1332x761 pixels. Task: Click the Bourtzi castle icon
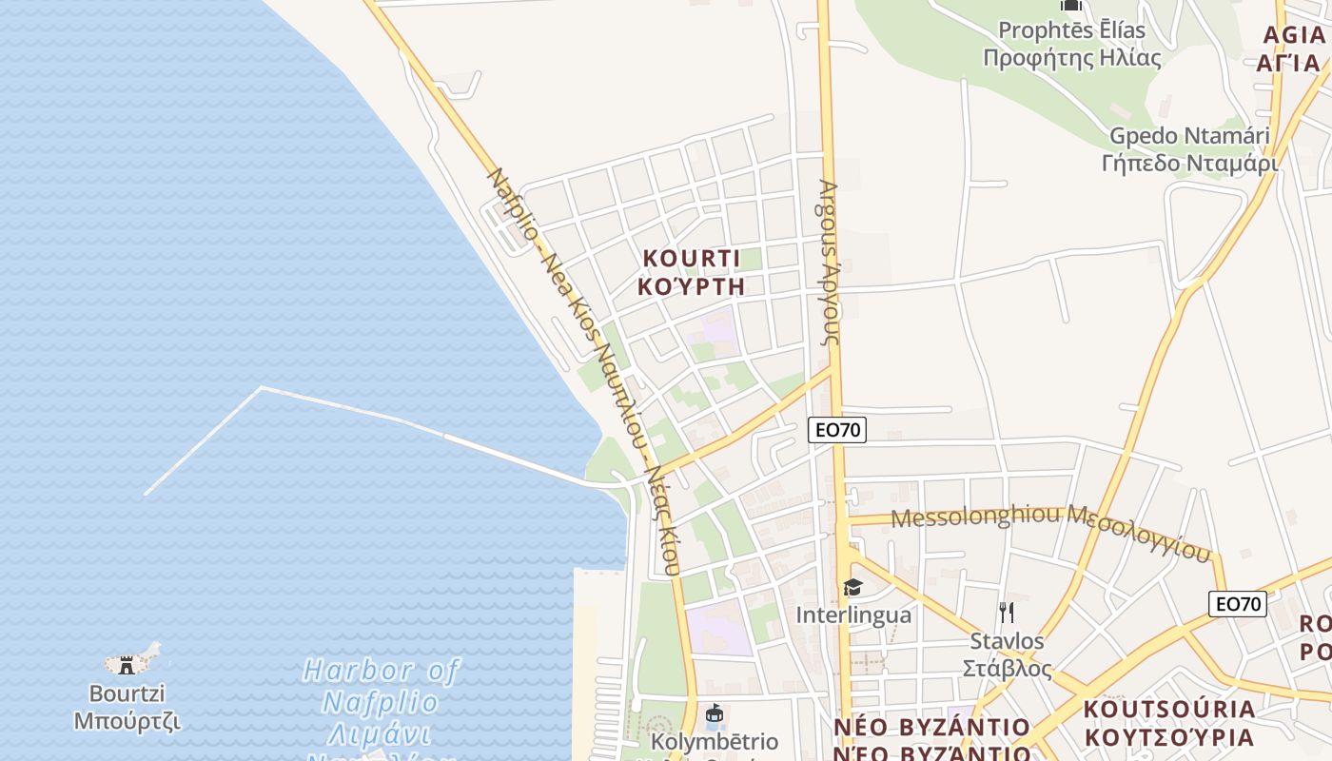point(127,665)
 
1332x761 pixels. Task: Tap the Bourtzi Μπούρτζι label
point(127,707)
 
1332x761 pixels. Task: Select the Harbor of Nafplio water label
point(381,702)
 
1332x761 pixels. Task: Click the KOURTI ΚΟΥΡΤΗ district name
point(692,272)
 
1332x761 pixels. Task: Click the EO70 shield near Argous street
point(837,430)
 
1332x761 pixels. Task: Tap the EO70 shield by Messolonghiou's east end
point(1238,603)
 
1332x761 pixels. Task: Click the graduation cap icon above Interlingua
point(852,588)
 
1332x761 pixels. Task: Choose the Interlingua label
point(853,615)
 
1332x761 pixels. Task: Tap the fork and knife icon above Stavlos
point(1007,612)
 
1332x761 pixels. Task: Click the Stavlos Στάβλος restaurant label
point(1009,654)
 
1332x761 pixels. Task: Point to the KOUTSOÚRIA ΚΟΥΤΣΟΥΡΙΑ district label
point(1169,723)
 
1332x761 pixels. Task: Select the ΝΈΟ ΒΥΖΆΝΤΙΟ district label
point(931,740)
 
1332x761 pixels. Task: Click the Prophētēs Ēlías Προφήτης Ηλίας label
point(1071,44)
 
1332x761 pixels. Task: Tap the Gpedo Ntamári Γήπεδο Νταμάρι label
point(1189,149)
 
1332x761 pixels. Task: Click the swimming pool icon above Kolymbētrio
point(714,713)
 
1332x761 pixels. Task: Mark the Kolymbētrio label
point(714,742)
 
